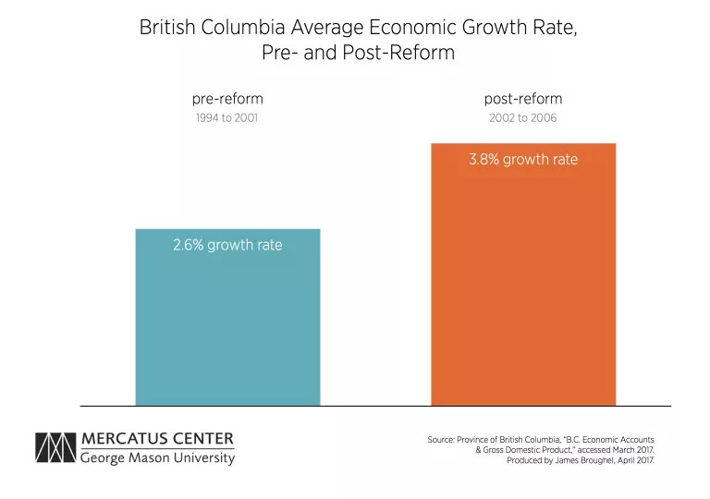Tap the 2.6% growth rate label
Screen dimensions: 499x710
(227, 245)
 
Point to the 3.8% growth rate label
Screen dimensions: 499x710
(523, 160)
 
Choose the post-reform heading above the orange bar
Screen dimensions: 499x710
(523, 99)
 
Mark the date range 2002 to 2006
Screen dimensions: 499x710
(523, 118)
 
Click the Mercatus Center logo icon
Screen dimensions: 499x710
(55, 448)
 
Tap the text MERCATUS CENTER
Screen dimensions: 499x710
(158, 439)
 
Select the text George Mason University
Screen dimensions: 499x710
(158, 458)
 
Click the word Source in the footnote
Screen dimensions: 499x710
(440, 439)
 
